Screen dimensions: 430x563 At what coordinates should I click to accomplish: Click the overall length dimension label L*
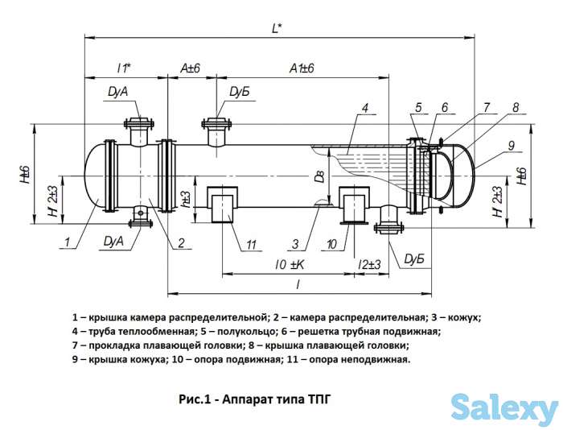click(276, 28)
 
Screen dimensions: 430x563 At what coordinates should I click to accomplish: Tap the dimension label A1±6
click(302, 69)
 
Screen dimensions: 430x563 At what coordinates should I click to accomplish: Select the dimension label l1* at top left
click(124, 68)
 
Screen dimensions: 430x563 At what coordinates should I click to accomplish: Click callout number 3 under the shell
click(296, 244)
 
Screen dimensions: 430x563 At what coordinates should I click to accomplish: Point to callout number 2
click(182, 242)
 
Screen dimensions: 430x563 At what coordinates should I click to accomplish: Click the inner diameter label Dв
click(320, 178)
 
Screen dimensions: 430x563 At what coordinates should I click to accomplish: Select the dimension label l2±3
click(368, 265)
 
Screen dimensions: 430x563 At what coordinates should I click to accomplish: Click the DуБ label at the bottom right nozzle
click(414, 258)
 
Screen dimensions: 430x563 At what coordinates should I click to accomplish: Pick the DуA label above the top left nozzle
click(117, 93)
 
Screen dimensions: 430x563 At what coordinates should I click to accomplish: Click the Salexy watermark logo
click(504, 408)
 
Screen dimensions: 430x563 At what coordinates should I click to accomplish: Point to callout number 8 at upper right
click(516, 105)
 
